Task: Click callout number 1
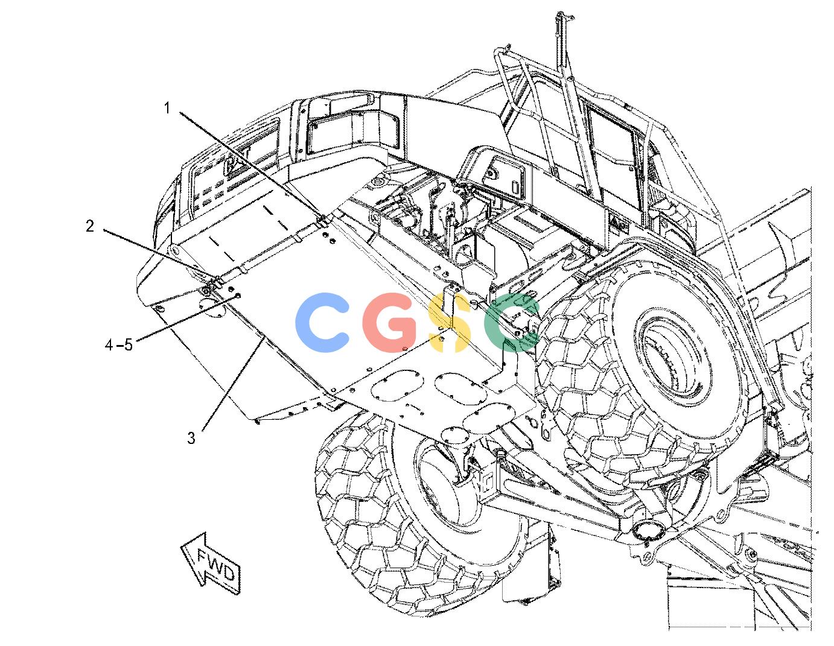click(x=167, y=108)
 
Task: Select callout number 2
click(x=90, y=226)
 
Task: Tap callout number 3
click(x=191, y=438)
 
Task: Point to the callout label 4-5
click(x=119, y=344)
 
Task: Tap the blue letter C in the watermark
click(x=322, y=322)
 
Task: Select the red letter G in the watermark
click(x=390, y=322)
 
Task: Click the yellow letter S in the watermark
click(x=449, y=322)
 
